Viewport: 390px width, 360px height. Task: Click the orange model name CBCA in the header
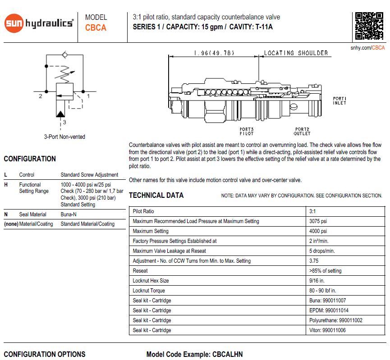click(96, 28)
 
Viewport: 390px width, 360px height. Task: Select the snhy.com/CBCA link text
click(367, 48)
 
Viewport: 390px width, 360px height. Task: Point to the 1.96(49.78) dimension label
click(215, 53)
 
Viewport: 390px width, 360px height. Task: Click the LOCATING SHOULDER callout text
click(296, 53)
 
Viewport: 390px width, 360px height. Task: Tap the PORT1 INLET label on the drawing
click(340, 100)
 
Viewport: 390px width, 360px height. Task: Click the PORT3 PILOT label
click(247, 131)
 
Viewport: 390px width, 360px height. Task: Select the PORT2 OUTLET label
click(302, 131)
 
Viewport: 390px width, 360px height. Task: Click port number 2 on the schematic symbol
click(40, 96)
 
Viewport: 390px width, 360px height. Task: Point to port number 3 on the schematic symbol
click(64, 122)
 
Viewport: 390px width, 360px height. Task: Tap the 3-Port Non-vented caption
click(64, 137)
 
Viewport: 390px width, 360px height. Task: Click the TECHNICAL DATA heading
click(156, 196)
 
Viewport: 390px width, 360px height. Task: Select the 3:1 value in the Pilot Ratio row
click(313, 211)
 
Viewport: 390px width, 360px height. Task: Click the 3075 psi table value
click(318, 221)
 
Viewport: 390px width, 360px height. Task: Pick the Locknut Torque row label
click(149, 291)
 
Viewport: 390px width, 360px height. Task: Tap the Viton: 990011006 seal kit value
click(328, 330)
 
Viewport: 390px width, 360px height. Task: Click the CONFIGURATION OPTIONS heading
click(44, 355)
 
